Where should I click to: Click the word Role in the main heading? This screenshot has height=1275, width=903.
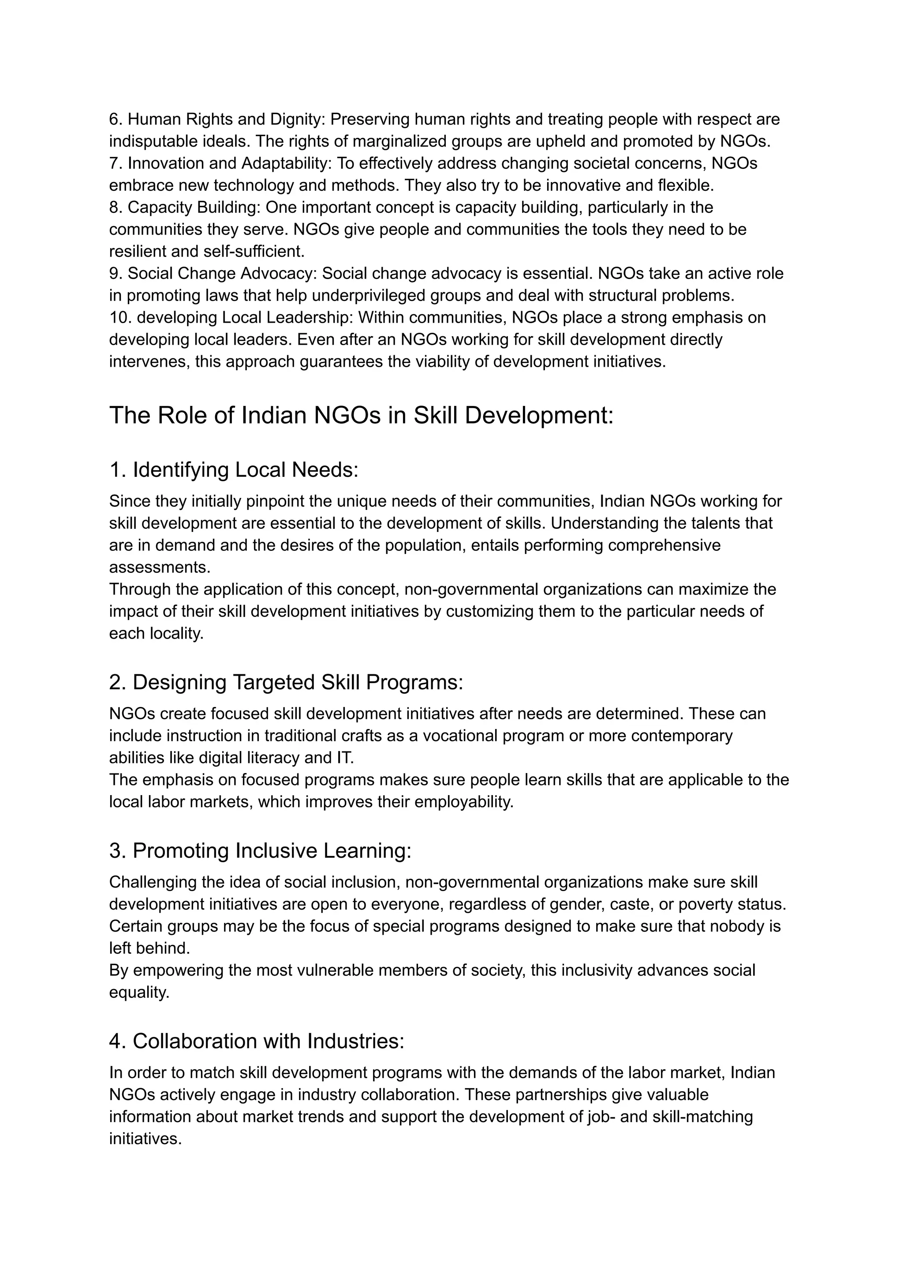[182, 415]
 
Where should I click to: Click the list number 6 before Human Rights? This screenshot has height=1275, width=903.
[115, 119]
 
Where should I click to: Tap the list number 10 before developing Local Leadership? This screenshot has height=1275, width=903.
[119, 318]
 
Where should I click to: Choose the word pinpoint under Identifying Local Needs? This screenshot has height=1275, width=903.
[275, 502]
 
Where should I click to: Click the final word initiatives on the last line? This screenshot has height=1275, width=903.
[145, 1139]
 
